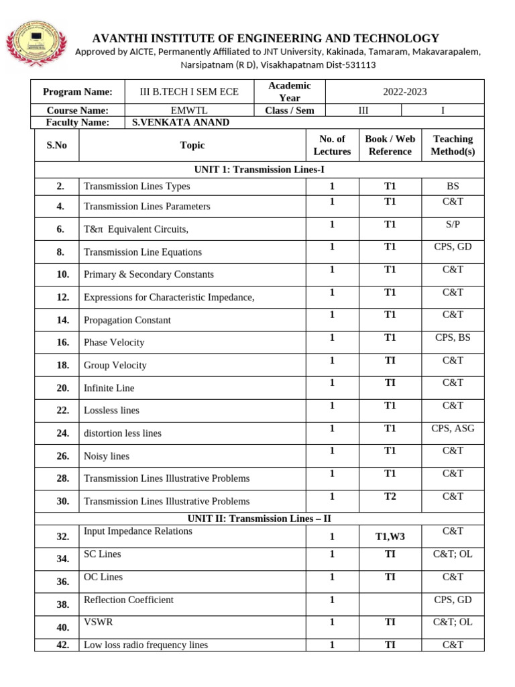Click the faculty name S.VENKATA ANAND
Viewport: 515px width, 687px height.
click(x=181, y=122)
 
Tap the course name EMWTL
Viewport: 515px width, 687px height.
click(x=188, y=110)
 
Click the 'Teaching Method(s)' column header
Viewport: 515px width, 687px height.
click(x=453, y=145)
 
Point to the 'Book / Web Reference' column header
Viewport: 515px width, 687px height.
click(x=390, y=145)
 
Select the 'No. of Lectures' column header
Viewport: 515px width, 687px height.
click(x=332, y=145)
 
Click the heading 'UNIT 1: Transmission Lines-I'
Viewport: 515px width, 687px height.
click(x=259, y=170)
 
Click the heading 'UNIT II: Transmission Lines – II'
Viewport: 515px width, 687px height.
click(x=259, y=519)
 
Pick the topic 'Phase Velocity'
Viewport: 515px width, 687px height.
click(x=114, y=342)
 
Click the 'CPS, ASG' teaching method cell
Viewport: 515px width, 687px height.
click(x=453, y=428)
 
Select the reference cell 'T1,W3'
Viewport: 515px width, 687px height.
click(x=390, y=537)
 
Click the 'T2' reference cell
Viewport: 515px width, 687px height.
click(x=390, y=496)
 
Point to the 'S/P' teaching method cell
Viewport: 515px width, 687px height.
click(x=453, y=223)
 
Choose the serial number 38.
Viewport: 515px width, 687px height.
click(x=63, y=604)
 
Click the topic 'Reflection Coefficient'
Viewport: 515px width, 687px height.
click(x=128, y=600)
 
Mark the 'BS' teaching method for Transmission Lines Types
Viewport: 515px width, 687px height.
click(x=453, y=186)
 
